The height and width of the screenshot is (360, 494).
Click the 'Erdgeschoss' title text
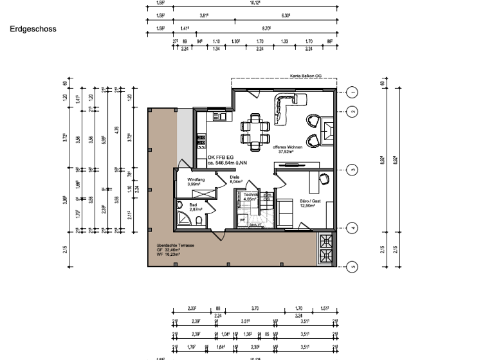(33, 29)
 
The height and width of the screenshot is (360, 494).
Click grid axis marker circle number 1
(352, 92)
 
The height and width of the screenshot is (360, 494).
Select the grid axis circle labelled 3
(352, 170)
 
